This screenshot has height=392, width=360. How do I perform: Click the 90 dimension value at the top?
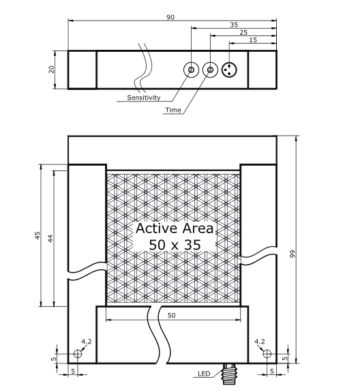point(170,17)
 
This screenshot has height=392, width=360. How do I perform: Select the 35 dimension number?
point(234,25)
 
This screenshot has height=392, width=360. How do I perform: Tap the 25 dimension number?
point(243,32)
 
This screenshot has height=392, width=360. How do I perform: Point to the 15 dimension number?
point(253,40)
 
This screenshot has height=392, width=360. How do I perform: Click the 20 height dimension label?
point(51,70)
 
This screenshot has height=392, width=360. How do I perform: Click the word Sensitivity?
point(143,97)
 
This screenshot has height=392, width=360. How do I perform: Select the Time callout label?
point(173,110)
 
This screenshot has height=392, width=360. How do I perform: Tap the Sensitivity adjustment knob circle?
point(191,70)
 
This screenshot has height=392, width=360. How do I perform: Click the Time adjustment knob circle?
point(210,70)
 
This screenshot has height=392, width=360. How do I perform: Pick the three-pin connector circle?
point(229,70)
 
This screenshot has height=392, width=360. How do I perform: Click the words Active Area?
point(175,228)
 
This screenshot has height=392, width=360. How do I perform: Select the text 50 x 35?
point(175,245)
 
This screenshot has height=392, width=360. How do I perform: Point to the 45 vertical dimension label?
point(37,235)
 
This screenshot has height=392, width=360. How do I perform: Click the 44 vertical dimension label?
point(50,238)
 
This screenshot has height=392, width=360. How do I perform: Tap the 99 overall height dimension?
point(292,254)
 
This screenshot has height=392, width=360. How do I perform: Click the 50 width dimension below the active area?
point(171,315)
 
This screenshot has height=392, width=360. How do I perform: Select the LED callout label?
point(204,374)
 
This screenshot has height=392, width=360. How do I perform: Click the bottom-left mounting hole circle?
point(78,354)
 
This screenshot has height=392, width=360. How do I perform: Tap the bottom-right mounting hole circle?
point(267,354)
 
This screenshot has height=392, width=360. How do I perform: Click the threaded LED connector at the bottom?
point(228,374)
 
